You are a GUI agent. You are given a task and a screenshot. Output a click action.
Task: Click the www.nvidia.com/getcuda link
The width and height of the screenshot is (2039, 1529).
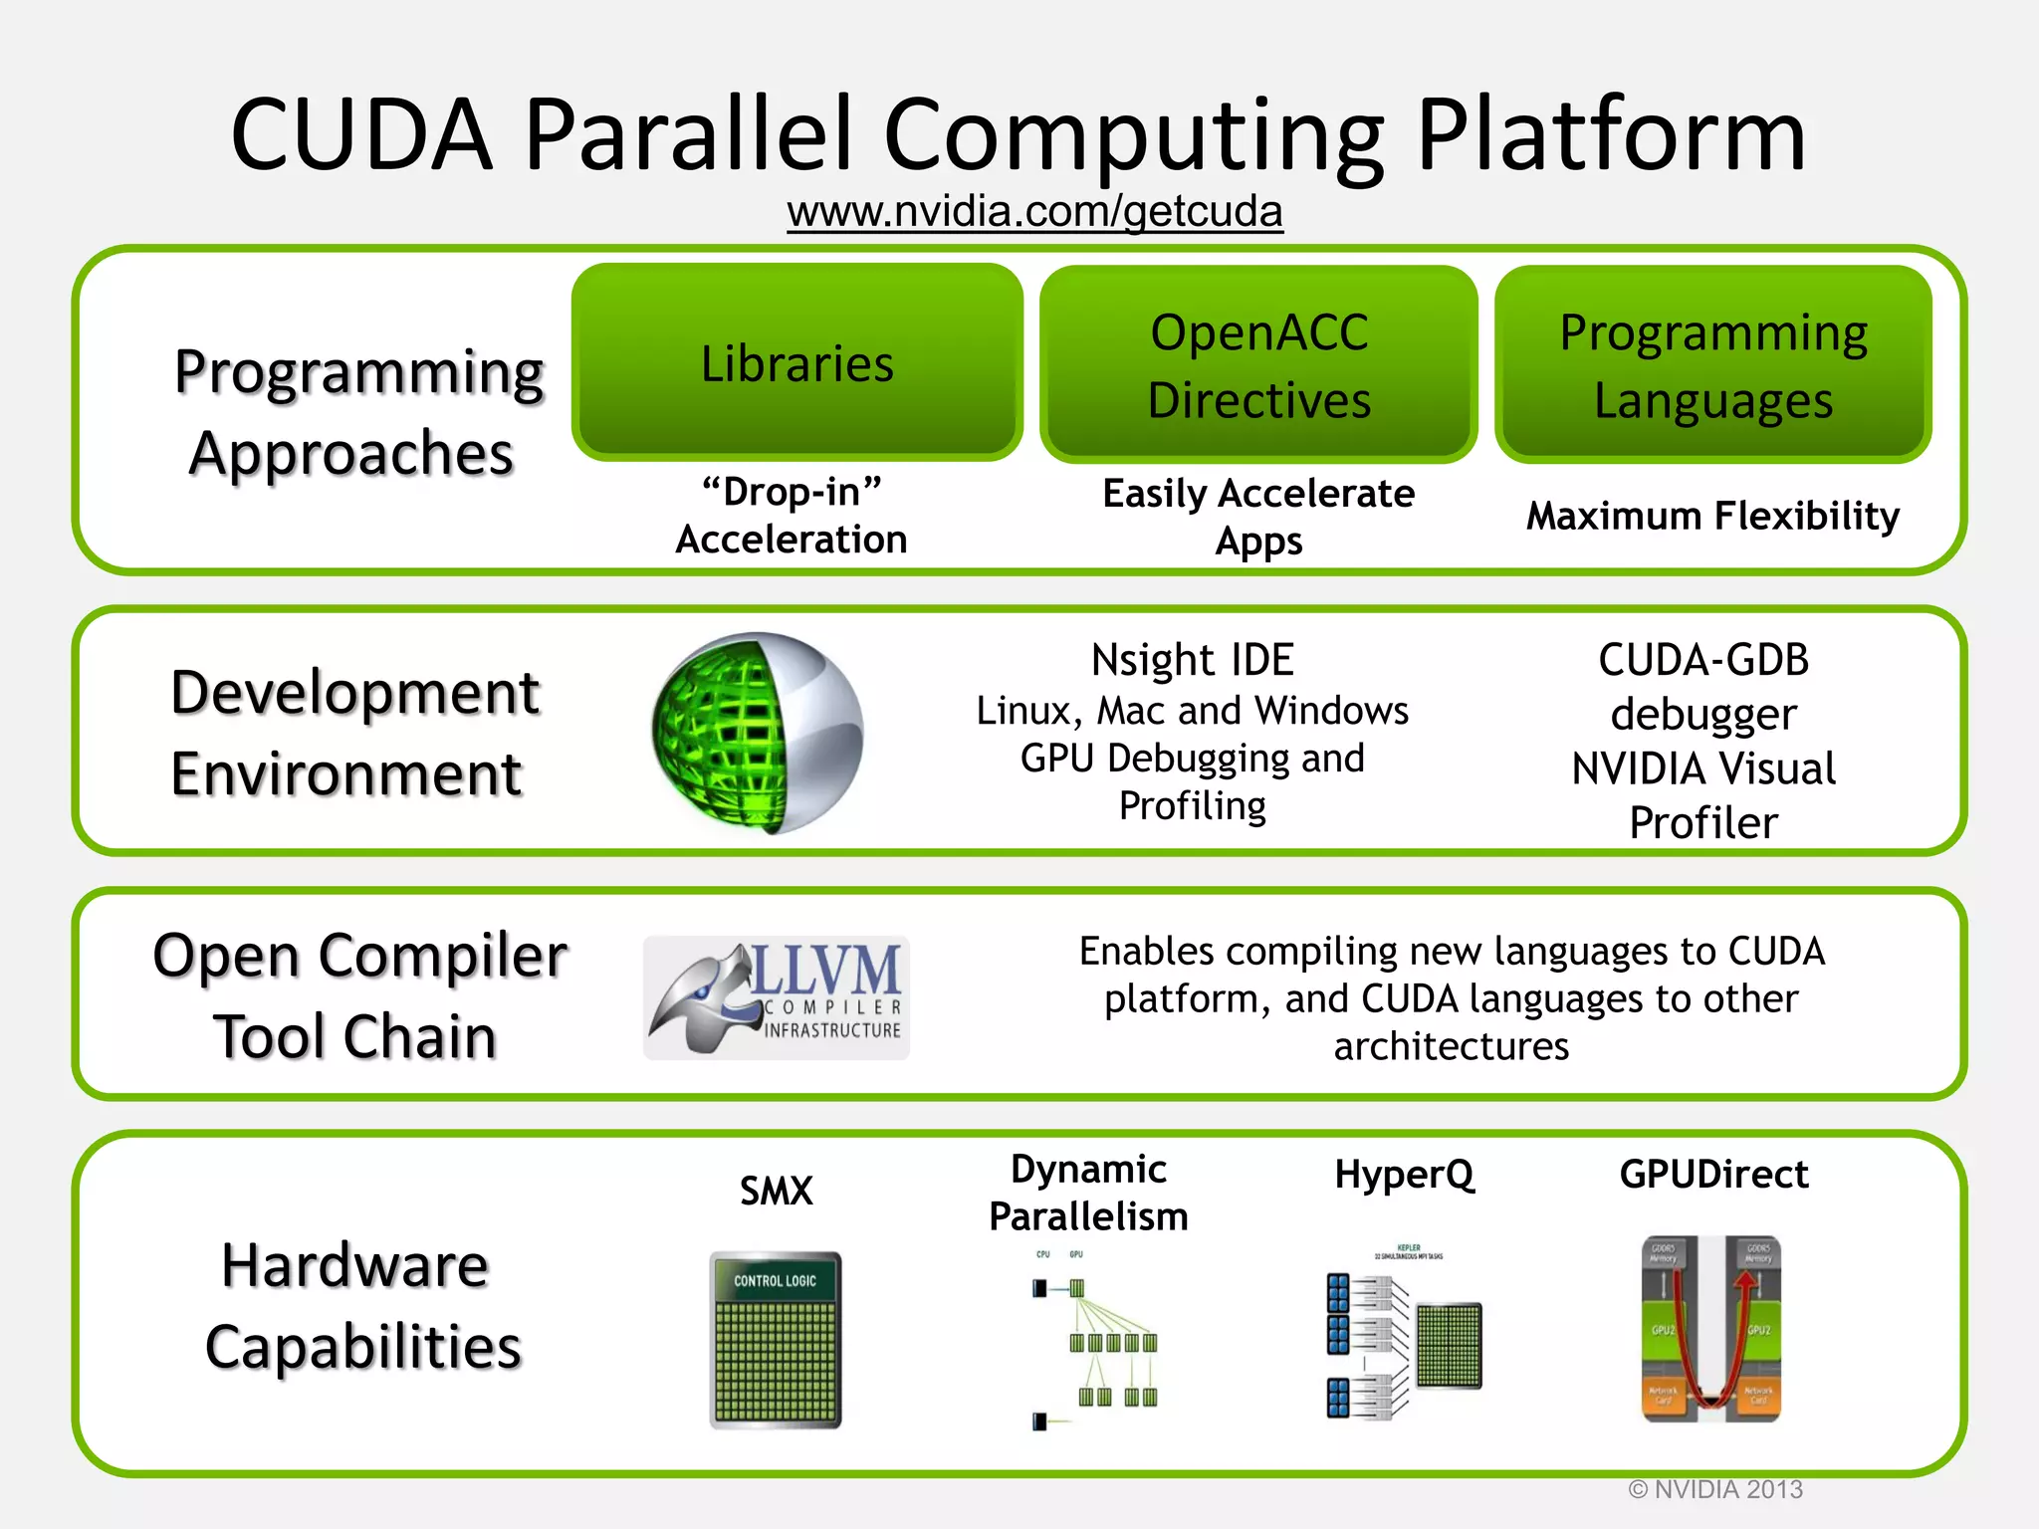1034,212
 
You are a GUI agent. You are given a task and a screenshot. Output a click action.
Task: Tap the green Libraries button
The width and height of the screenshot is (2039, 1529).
796,362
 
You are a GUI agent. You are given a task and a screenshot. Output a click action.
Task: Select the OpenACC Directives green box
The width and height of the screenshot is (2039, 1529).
1258,365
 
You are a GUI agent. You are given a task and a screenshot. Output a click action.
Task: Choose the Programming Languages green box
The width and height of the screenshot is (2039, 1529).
1712,365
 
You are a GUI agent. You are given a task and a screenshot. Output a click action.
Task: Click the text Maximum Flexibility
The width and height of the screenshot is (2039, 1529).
1712,516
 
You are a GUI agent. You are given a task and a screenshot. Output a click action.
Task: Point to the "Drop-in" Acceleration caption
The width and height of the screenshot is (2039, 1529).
792,516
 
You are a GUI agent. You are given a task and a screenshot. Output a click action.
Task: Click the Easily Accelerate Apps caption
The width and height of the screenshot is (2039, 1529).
1258,517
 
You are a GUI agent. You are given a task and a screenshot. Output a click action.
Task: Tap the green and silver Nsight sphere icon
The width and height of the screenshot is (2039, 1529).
758,733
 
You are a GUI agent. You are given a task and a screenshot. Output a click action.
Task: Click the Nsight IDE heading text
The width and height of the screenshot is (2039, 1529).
1192,660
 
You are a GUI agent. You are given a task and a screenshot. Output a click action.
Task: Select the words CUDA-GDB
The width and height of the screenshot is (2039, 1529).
1703,660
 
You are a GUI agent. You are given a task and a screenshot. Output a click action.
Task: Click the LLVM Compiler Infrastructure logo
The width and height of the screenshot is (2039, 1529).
777,997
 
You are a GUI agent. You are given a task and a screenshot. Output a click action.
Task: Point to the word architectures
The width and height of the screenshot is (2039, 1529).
1451,1046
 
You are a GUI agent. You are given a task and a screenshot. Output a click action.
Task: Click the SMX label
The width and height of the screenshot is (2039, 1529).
776,1191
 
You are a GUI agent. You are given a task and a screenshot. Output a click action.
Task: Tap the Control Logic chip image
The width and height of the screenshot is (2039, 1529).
776,1340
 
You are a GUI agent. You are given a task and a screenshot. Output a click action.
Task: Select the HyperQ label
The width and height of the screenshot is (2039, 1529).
1404,1175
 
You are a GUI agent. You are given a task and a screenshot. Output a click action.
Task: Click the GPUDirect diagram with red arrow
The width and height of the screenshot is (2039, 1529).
1710,1329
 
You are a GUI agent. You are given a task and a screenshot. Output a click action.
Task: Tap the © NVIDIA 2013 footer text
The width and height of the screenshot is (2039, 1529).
1715,1489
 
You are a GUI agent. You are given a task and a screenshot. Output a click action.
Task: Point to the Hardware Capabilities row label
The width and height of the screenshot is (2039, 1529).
360,1305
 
